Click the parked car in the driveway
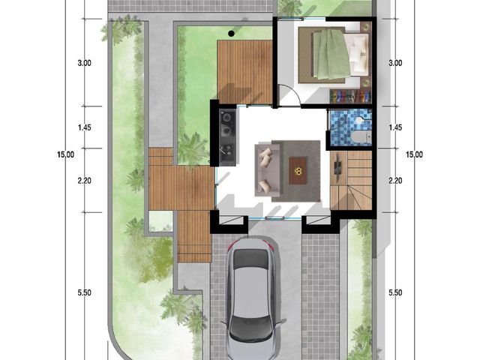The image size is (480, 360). (253, 298)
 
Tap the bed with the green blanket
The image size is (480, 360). (334, 55)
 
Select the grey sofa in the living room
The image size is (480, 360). (267, 170)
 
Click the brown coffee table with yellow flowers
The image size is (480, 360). (298, 170)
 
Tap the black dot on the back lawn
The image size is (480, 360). (232, 33)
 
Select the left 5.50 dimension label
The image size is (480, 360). (84, 292)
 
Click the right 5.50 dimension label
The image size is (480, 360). (395, 292)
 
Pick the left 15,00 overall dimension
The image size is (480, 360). (65, 154)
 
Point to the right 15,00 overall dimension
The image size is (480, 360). (414, 154)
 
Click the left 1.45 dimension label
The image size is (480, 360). (84, 127)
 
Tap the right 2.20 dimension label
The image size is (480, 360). (395, 181)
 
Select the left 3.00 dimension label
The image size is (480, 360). (84, 63)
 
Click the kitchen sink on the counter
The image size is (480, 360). (227, 151)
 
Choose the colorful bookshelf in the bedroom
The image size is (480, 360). (350, 96)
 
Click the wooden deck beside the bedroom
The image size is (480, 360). (244, 72)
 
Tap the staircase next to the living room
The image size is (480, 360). (351, 181)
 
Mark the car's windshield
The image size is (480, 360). (250, 259)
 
